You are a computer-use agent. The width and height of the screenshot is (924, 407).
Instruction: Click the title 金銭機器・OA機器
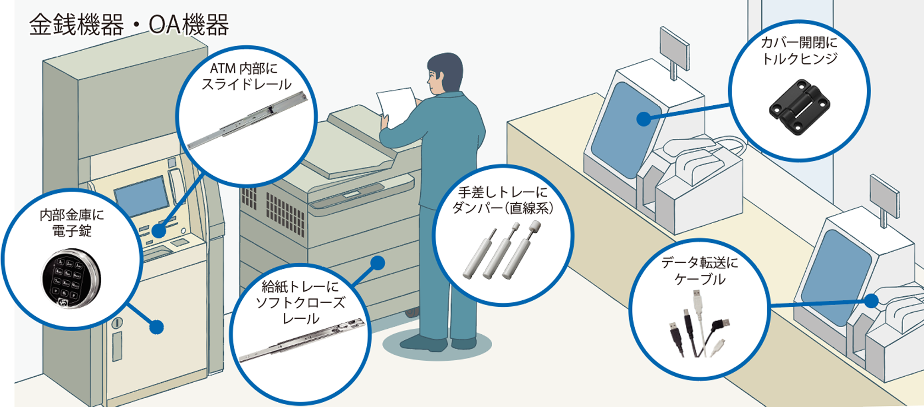click(x=129, y=25)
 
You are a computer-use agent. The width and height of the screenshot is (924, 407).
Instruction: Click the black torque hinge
click(x=799, y=107)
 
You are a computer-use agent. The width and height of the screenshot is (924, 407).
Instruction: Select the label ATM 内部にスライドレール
click(x=246, y=77)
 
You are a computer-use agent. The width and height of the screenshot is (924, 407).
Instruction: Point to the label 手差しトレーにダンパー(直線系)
click(x=503, y=200)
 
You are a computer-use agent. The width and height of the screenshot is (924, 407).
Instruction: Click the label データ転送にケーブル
click(x=700, y=270)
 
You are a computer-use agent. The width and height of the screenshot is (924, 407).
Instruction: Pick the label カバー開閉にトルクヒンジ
click(x=799, y=51)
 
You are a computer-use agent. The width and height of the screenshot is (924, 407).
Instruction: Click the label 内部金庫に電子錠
click(x=71, y=223)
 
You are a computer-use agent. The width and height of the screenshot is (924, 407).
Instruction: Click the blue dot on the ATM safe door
click(x=157, y=327)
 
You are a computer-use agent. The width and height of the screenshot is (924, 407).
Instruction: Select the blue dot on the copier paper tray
click(x=377, y=263)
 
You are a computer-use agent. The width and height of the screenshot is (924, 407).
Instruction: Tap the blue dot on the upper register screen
click(x=643, y=118)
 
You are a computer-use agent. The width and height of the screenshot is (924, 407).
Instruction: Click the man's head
click(x=445, y=74)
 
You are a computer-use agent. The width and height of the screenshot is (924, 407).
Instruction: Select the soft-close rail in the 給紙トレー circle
click(x=302, y=340)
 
